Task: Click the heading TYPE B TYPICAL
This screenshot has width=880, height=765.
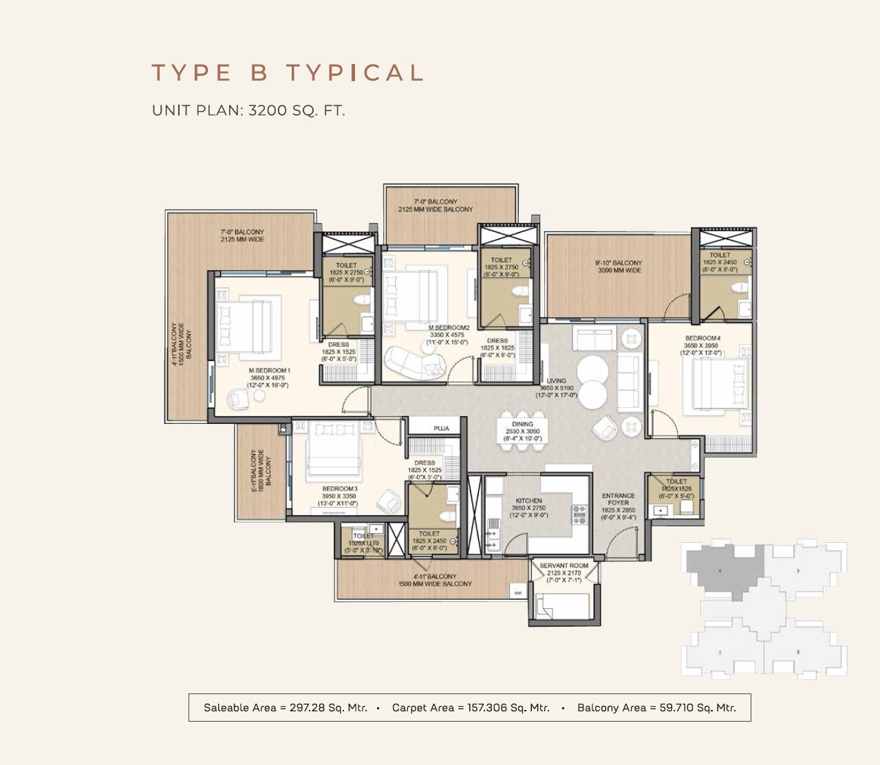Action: coord(287,73)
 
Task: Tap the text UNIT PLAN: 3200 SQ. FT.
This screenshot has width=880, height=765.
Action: coord(248,110)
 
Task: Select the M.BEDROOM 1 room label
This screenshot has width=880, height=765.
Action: coord(269,371)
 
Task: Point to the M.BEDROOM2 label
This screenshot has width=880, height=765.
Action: coord(448,328)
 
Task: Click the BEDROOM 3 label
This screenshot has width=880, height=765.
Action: coord(339,489)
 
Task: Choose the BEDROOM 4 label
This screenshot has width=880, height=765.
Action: coord(702,338)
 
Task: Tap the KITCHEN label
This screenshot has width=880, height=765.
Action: coord(528,501)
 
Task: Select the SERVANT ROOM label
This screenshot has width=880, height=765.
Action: coord(564,565)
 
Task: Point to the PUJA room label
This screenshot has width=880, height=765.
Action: coord(441,429)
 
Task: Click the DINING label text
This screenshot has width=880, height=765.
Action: coord(522,424)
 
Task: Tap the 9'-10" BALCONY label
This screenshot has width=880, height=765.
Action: coord(618,263)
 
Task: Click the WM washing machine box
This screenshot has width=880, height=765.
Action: coord(517,592)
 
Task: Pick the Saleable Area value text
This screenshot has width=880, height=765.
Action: coord(285,707)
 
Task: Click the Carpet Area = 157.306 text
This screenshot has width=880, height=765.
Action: coord(471,707)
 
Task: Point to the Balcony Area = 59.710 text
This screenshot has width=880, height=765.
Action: coord(656,707)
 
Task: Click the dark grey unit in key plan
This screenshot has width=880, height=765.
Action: coord(725,568)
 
